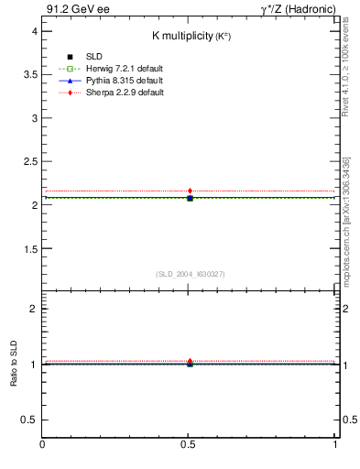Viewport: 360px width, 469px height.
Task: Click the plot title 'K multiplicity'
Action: (x=190, y=36)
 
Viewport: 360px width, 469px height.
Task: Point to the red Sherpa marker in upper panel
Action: (x=190, y=191)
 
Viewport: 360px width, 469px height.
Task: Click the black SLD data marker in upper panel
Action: (x=190, y=198)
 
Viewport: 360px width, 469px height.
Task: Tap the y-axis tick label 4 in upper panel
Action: (x=33, y=31)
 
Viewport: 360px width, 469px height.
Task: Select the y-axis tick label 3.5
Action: (x=29, y=74)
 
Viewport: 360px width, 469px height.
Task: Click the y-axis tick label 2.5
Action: (x=29, y=161)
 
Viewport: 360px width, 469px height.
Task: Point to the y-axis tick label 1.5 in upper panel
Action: (x=29, y=248)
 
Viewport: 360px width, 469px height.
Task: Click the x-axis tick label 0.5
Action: (x=189, y=444)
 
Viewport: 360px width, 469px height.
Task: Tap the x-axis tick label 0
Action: (x=43, y=444)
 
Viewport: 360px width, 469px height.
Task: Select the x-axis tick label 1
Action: (x=335, y=444)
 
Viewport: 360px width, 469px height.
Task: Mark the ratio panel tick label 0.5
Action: (x=29, y=420)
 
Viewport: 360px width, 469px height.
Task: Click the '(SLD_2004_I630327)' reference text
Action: (x=190, y=274)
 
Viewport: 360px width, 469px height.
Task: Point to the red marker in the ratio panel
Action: (x=190, y=361)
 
